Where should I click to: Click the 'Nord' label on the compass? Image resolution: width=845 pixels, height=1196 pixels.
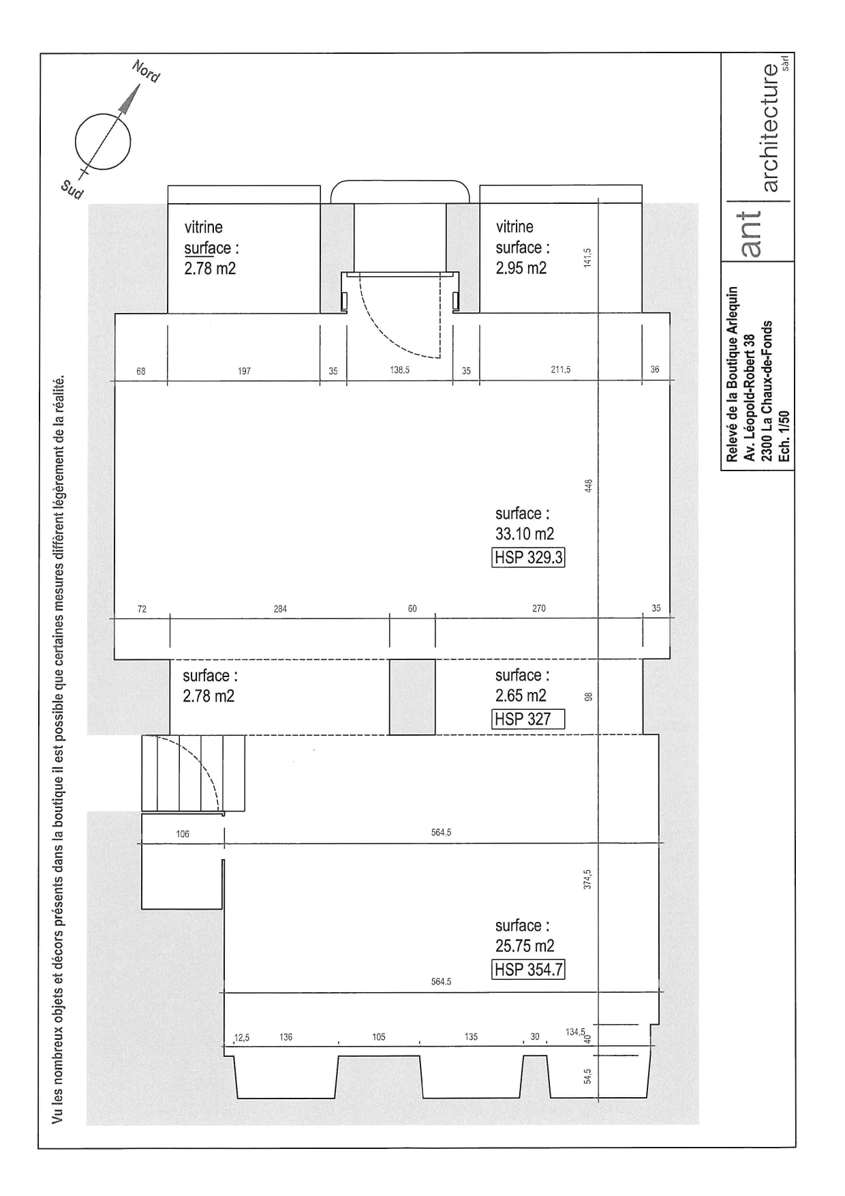point(146,72)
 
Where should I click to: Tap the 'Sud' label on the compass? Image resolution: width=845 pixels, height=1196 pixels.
point(72,190)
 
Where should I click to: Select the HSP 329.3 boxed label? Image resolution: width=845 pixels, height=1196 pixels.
point(528,557)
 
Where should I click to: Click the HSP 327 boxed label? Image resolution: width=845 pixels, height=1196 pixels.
point(528,719)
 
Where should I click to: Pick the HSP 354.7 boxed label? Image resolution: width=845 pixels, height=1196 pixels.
point(528,969)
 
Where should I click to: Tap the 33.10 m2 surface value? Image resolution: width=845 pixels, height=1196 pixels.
point(525,534)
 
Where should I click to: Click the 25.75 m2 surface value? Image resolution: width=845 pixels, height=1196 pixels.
point(525,946)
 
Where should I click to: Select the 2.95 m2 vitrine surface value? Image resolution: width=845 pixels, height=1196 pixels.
point(521,268)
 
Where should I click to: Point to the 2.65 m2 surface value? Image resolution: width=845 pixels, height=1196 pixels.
point(521,696)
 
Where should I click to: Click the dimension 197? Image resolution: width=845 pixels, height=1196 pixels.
point(244,372)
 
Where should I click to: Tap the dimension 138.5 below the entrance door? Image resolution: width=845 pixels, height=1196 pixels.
point(399,370)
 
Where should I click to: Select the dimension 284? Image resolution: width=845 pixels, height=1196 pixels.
point(280,609)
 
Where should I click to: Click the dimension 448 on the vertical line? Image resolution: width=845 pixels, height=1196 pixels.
point(589,485)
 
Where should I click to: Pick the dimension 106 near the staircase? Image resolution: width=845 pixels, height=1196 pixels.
point(183,834)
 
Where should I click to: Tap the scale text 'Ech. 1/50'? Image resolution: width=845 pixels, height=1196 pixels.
point(784,436)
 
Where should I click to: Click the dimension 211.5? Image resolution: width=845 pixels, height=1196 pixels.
point(561,370)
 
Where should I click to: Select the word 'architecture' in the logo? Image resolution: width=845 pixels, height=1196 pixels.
point(770,128)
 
